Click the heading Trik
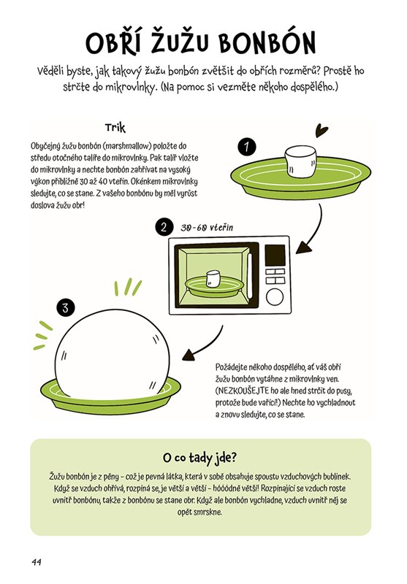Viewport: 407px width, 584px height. tap(115, 128)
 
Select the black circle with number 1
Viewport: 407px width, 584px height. tap(246, 147)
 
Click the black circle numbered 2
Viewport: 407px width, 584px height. tap(164, 227)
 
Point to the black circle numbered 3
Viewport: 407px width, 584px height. tap(66, 308)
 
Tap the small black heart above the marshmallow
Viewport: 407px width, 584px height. tap(321, 131)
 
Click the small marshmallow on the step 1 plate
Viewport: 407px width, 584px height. tap(301, 161)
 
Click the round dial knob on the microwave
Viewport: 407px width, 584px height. tap(275, 297)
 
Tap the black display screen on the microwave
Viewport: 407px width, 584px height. tap(275, 255)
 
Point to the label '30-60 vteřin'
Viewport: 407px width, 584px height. tap(207, 228)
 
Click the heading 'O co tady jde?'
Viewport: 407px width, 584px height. tap(199, 458)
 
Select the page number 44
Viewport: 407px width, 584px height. tap(37, 562)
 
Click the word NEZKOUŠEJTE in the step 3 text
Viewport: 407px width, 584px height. tap(244, 391)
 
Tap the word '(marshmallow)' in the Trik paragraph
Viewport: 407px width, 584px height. tap(125, 145)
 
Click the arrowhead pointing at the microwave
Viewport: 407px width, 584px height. tap(304, 247)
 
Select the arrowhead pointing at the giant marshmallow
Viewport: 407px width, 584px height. tap(190, 355)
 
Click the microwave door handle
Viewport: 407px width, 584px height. tap(250, 275)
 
